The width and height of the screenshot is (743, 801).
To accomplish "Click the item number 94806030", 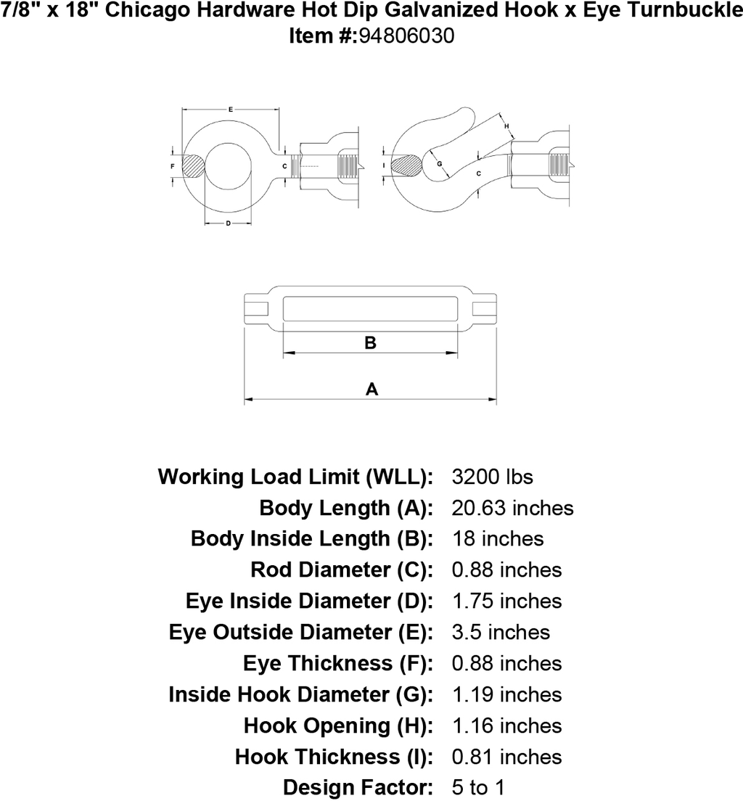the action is (x=407, y=36).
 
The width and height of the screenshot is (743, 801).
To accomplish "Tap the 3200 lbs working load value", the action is (x=492, y=477).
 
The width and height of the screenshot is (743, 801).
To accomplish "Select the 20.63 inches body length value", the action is (x=512, y=508).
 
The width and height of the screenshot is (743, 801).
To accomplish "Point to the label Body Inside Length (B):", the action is (x=312, y=539).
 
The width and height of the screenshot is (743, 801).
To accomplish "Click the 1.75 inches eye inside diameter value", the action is (x=507, y=601).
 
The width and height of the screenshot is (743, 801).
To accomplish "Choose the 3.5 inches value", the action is (x=501, y=632).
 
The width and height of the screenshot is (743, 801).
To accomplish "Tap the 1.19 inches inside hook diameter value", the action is (x=507, y=694).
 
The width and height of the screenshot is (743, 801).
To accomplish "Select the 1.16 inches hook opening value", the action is (x=507, y=726).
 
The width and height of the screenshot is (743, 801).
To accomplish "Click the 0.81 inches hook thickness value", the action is (x=507, y=757).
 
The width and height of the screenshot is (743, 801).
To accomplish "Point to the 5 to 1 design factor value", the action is (x=478, y=787).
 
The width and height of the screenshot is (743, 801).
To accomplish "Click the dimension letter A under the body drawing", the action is (x=371, y=390).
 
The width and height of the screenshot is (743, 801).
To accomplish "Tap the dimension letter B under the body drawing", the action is (x=371, y=342).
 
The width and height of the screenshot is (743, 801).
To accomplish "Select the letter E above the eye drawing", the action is (x=231, y=110).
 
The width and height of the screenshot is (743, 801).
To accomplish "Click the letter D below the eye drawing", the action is (x=228, y=223).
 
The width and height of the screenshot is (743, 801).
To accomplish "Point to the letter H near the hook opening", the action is (x=506, y=126).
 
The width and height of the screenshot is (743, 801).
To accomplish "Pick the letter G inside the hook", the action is (x=440, y=164).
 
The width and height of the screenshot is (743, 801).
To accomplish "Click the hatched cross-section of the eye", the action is (x=194, y=166).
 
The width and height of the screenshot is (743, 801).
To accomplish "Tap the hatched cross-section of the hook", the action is (x=407, y=166).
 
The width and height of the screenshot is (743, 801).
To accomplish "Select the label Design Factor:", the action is (x=358, y=787).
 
